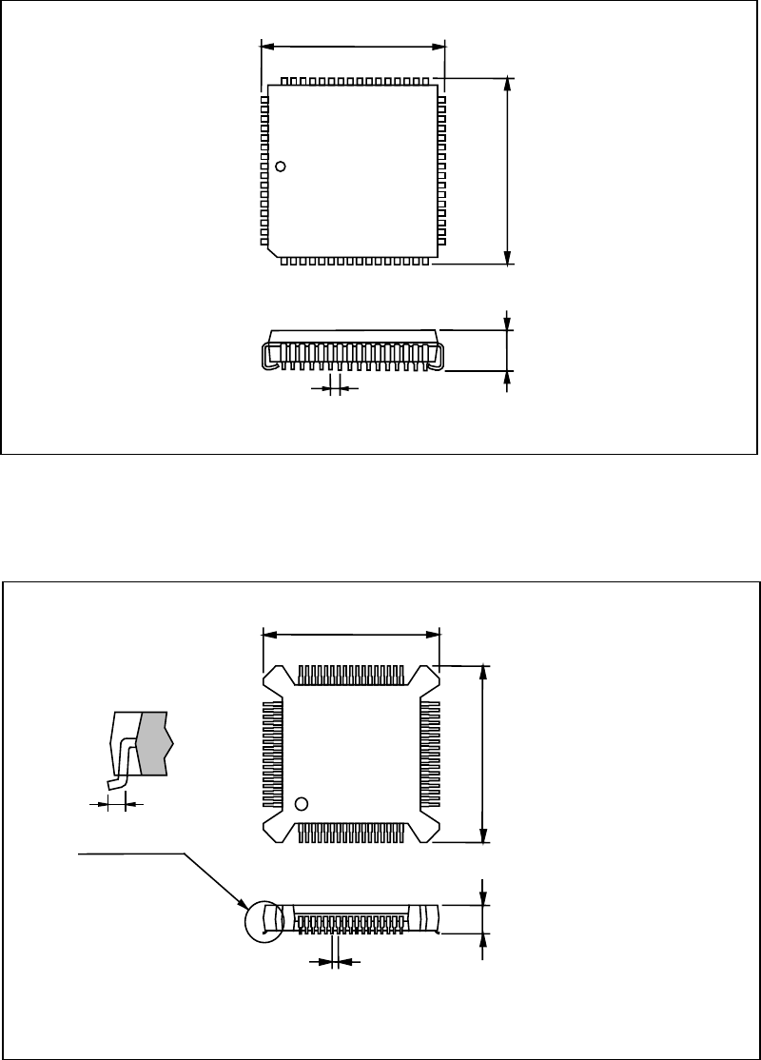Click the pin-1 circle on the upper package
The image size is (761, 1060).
point(281,167)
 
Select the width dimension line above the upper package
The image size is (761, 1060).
point(352,45)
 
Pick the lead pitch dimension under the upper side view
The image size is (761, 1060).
point(334,388)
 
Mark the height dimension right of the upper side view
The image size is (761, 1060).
point(508,350)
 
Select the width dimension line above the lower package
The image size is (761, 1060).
point(350,633)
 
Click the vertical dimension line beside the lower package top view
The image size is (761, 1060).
point(485,752)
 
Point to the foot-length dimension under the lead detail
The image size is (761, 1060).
point(115,804)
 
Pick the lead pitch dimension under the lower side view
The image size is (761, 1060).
point(335,963)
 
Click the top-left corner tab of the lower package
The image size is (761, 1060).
point(273,677)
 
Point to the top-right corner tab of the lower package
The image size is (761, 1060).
point(426,677)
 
